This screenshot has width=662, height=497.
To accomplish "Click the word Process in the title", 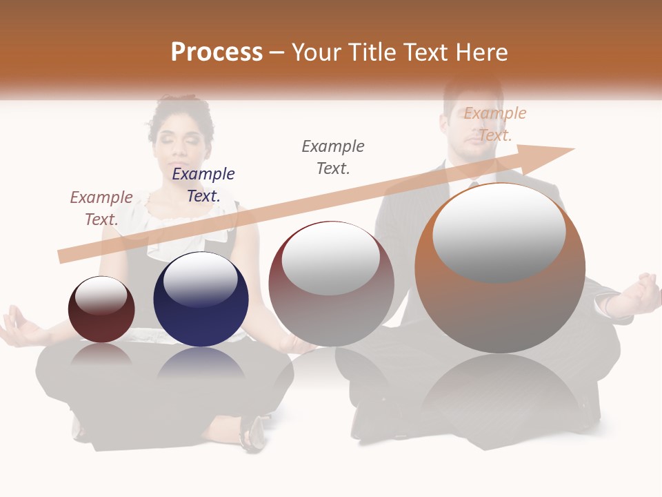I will tap(217, 52).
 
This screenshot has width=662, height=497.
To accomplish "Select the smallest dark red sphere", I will tap(101, 310).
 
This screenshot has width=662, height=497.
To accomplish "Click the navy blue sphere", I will tap(201, 300).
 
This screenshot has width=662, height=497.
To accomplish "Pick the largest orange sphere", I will tap(500, 269).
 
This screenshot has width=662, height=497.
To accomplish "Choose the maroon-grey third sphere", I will tap(332, 284).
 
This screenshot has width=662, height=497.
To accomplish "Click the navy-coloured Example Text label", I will tap(203, 185).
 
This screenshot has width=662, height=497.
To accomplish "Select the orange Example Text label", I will tap(494, 124).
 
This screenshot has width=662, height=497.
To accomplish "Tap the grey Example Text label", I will tap(333, 157).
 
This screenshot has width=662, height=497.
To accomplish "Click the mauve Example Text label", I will tap(101, 208).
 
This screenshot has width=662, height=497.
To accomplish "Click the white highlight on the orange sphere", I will tap(499, 233).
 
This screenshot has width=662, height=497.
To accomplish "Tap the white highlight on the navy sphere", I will tap(200, 279).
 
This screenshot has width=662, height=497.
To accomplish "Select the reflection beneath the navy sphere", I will tap(201, 363).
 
